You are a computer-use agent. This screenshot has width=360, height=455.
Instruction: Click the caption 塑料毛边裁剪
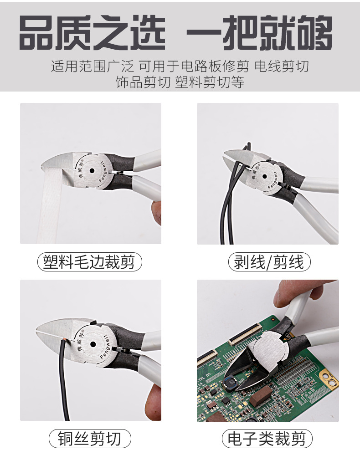pyautogui.click(x=89, y=262)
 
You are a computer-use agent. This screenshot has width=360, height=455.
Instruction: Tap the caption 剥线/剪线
pyautogui.click(x=268, y=262)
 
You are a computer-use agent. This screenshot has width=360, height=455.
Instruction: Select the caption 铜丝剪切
pyautogui.click(x=89, y=439)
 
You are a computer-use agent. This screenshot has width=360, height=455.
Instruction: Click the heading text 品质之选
pyautogui.click(x=92, y=34)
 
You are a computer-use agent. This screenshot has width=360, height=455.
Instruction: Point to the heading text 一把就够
pyautogui.click(x=260, y=34)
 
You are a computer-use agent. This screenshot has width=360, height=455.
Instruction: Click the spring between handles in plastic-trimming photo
pyautogui.click(x=120, y=174)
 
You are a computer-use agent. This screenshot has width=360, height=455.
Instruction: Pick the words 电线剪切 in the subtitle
pyautogui.click(x=282, y=66)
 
